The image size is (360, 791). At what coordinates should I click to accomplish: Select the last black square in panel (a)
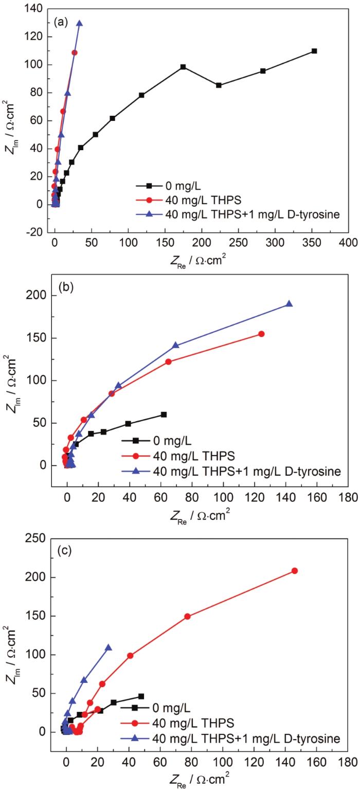(x=314, y=51)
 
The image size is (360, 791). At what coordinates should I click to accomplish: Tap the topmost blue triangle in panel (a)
(x=79, y=23)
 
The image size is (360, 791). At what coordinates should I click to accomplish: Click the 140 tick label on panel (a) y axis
(x=39, y=9)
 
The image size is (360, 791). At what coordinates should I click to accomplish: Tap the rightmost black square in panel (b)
(x=164, y=414)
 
